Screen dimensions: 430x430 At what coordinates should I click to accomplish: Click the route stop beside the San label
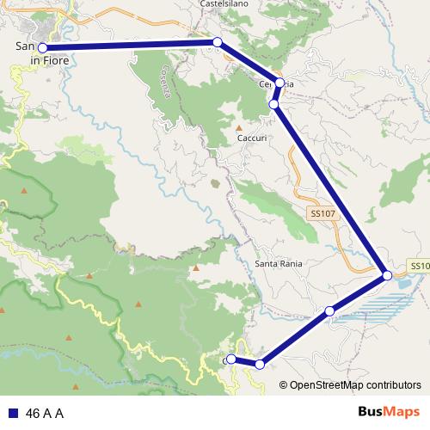coord(42,48)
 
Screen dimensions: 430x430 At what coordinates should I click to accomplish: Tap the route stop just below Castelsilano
coord(218,41)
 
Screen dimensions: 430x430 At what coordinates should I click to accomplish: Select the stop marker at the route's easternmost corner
coord(388,275)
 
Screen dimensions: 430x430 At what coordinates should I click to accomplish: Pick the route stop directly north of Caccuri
coord(273,104)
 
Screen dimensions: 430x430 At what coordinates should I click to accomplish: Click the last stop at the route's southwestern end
coord(231,359)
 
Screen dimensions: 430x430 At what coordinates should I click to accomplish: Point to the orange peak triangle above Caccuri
coord(239,127)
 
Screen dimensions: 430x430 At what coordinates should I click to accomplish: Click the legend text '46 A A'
coord(45,413)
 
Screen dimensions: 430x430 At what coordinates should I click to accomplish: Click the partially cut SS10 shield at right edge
coord(420,267)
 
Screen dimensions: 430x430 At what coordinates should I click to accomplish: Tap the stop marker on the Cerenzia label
coord(280,83)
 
